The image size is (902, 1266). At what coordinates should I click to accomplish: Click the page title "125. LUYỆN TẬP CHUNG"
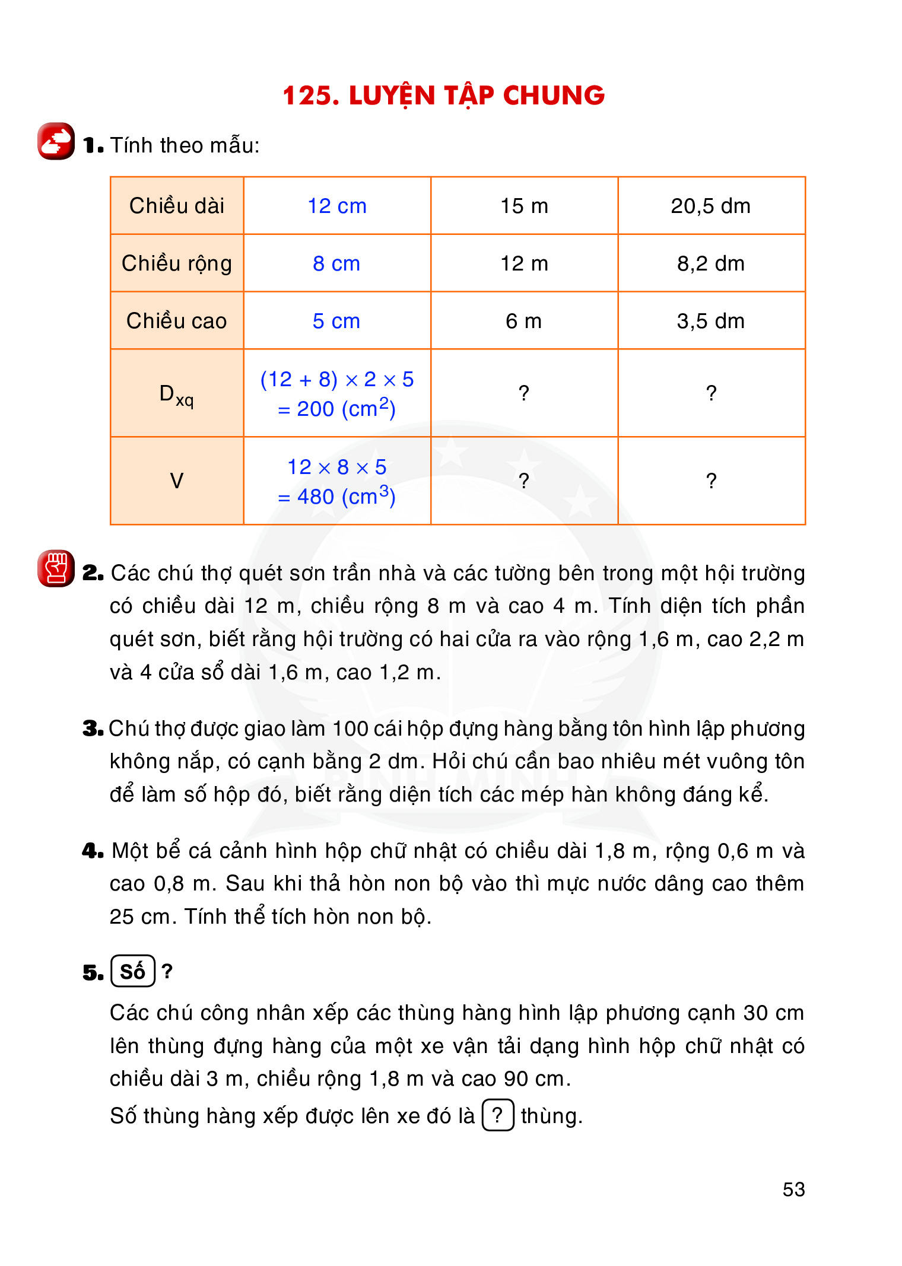(x=443, y=96)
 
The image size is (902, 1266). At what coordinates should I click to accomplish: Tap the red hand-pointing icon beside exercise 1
(x=56, y=141)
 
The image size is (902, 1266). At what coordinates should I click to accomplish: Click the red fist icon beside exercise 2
(x=56, y=568)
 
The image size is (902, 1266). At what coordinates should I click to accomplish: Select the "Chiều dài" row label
(x=177, y=206)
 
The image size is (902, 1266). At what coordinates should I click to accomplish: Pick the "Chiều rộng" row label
(x=177, y=263)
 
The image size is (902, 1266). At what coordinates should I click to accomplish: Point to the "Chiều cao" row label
(x=177, y=321)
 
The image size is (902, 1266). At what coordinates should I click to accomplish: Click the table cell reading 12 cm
(x=337, y=206)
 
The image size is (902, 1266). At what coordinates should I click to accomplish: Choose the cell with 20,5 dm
(x=711, y=206)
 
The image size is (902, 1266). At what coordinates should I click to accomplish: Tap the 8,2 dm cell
(x=711, y=263)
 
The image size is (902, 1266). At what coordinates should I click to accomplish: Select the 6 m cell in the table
(x=524, y=321)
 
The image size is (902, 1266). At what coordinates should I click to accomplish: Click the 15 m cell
(x=524, y=206)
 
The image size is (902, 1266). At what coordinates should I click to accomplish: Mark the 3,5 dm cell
(x=711, y=321)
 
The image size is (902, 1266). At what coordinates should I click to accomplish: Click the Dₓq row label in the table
(x=177, y=395)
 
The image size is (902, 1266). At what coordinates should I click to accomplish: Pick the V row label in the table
(x=177, y=481)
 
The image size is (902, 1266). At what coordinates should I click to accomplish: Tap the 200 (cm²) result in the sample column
(x=337, y=409)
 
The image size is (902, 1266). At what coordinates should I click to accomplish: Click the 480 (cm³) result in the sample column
(x=337, y=497)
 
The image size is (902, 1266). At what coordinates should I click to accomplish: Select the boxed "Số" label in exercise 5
(x=133, y=971)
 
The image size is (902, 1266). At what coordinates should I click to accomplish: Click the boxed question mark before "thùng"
(x=498, y=1115)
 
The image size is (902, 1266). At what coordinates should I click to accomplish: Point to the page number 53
(x=793, y=1189)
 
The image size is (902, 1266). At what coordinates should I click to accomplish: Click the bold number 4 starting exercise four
(x=92, y=851)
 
